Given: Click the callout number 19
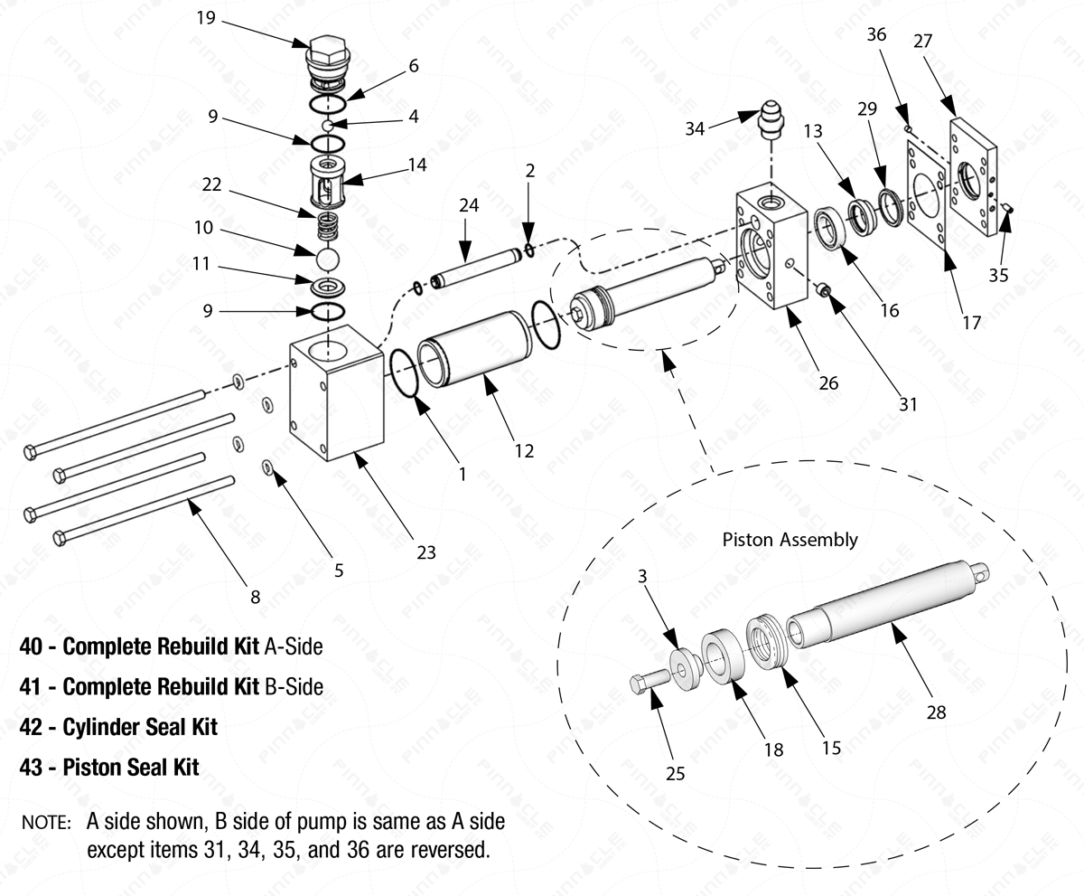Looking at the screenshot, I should [205, 17].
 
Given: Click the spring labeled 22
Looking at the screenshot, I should [329, 224].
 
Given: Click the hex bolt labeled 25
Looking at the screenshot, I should [648, 681].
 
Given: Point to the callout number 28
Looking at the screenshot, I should [936, 712].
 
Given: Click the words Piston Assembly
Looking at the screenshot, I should [790, 540].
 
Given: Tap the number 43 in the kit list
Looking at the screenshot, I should [32, 767].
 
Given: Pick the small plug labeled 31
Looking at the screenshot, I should [823, 290].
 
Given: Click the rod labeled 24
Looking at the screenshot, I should [474, 271].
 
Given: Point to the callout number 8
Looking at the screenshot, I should [255, 597].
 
